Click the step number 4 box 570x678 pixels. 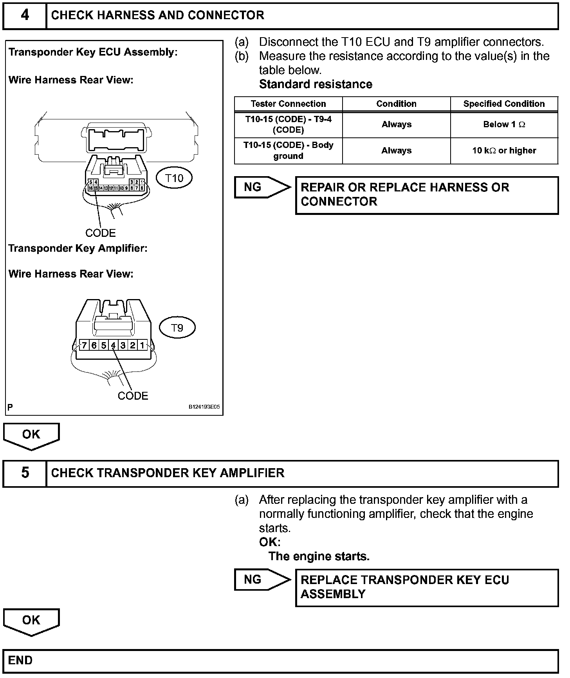click(x=25, y=15)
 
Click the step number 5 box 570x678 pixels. click(x=25, y=473)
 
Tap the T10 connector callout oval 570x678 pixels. click(x=174, y=179)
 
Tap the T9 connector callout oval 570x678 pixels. click(x=177, y=328)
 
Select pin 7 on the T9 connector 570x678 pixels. click(x=84, y=345)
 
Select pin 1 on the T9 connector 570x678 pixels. click(x=142, y=345)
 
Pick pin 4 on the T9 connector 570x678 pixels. click(x=113, y=345)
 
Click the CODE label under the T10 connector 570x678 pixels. click(x=101, y=233)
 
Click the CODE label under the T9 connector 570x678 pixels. click(x=133, y=396)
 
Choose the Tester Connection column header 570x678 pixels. click(x=288, y=104)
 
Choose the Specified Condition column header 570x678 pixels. click(x=504, y=104)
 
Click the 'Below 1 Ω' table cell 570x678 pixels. click(x=504, y=124)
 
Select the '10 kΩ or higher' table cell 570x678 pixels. click(x=504, y=151)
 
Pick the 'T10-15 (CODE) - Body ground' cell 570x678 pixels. click(x=288, y=150)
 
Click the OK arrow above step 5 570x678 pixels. click(x=31, y=435)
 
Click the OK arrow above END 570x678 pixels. click(x=31, y=621)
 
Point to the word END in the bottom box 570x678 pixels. click(x=20, y=661)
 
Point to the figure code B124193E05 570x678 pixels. click(x=204, y=407)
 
